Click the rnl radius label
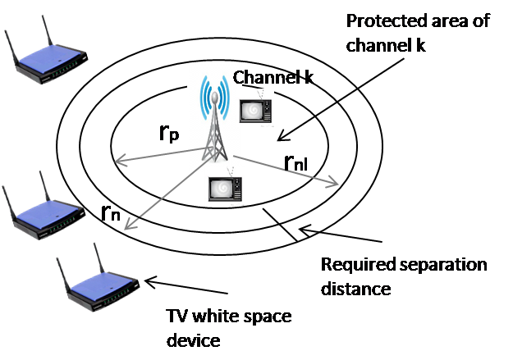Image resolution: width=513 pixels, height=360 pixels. click(x=297, y=165)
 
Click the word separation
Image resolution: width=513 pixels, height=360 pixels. click(x=434, y=266)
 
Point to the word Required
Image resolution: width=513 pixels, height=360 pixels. click(x=352, y=266)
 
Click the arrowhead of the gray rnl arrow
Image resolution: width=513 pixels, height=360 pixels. click(x=334, y=185)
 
